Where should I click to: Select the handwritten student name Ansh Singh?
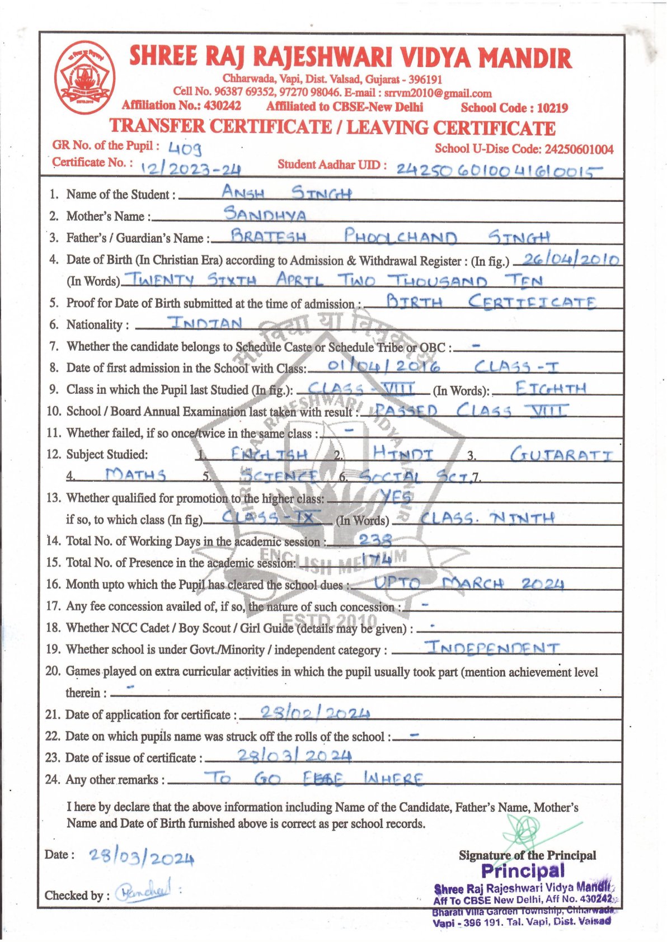click(286, 193)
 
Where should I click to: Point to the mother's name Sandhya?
click(265, 214)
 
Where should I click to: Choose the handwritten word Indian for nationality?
click(205, 323)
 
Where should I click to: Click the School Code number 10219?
click(552, 108)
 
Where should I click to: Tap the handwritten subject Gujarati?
click(561, 454)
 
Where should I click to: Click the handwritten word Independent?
click(492, 648)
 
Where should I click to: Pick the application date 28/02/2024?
click(307, 713)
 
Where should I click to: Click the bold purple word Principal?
click(523, 870)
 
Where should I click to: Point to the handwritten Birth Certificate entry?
click(490, 302)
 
